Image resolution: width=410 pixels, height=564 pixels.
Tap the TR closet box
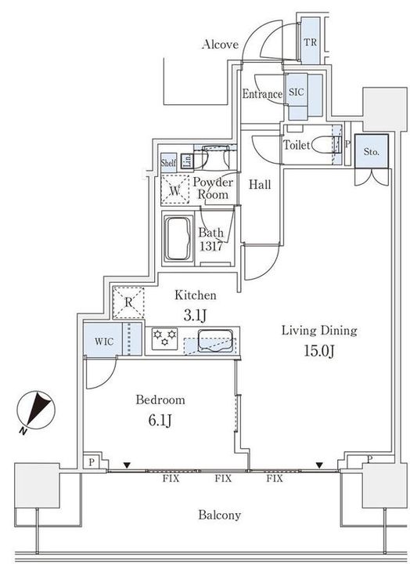tap(310, 42)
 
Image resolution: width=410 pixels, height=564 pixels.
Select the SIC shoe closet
tap(297, 92)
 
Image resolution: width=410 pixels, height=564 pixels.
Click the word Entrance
tap(261, 95)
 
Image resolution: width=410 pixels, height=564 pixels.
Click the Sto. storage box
tap(369, 152)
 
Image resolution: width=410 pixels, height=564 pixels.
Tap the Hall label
tap(260, 185)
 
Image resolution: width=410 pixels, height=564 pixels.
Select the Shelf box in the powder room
tap(168, 162)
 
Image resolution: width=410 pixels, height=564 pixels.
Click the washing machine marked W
tap(174, 189)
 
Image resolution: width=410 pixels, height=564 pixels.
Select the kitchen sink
tap(213, 341)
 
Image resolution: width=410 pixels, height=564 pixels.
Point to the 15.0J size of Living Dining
tap(319, 349)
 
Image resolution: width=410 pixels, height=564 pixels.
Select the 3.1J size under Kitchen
tap(195, 315)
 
